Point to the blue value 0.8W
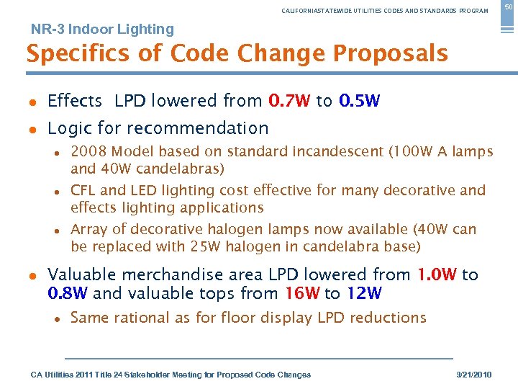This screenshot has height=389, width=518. pos(68,293)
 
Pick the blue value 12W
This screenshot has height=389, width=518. pos(363,293)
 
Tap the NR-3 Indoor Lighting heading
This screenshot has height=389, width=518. pos(102,30)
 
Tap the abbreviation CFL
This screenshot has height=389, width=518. pos(83,190)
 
